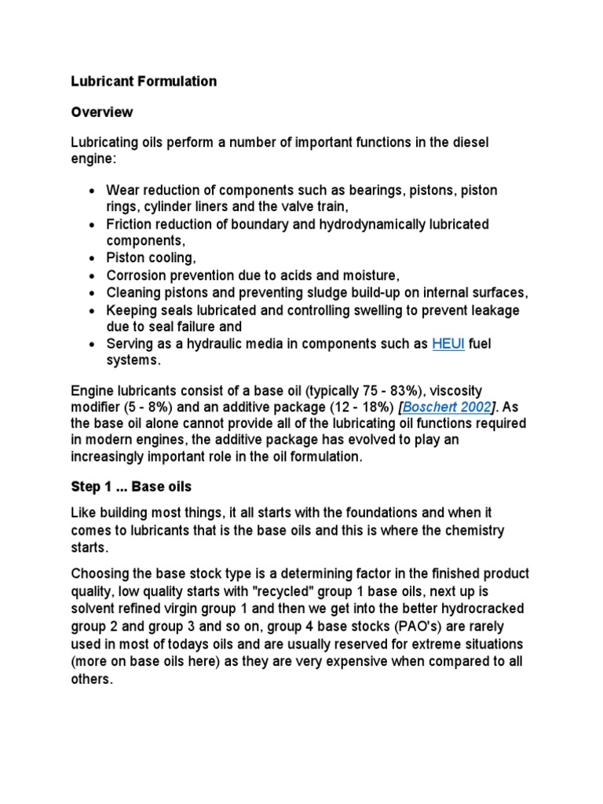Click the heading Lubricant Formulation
(144, 82)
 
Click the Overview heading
(102, 112)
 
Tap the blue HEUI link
(448, 344)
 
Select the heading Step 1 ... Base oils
(131, 488)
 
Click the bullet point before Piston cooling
(93, 259)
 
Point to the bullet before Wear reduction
(93, 191)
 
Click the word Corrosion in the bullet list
(137, 276)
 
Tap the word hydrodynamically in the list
(352, 225)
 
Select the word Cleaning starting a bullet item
(134, 293)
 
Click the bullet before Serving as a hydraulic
(93, 344)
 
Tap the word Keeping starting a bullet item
(132, 310)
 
